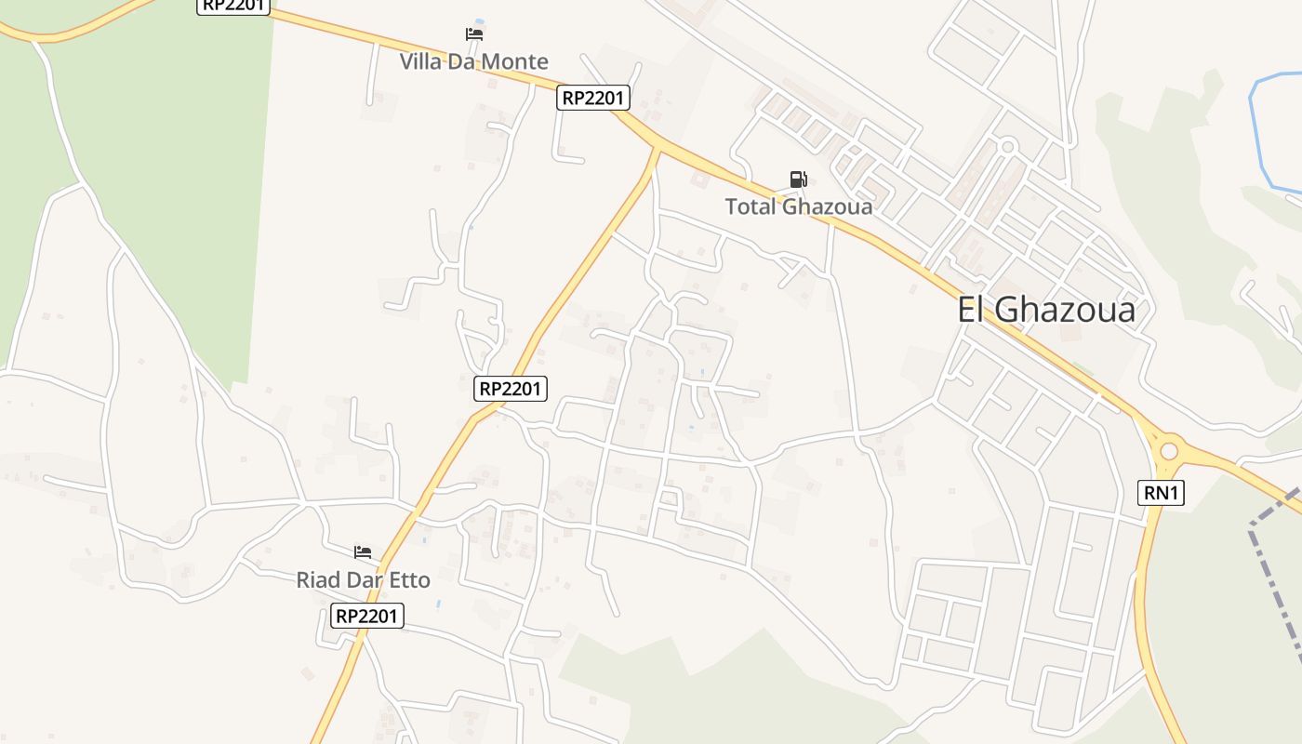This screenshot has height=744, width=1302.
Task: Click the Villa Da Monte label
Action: pyautogui.click(x=473, y=62)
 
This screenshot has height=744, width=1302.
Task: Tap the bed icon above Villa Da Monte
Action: pyautogui.click(x=474, y=34)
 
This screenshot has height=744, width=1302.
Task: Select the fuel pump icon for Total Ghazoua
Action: pyautogui.click(x=798, y=179)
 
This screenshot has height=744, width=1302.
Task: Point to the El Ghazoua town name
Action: pyautogui.click(x=1046, y=310)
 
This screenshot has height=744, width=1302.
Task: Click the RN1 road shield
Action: pyautogui.click(x=1162, y=493)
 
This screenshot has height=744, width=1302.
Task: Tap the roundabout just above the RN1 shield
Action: pyautogui.click(x=1169, y=452)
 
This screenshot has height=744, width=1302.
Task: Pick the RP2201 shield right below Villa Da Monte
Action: pyautogui.click(x=593, y=98)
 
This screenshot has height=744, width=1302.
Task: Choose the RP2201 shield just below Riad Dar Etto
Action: pyautogui.click(x=367, y=616)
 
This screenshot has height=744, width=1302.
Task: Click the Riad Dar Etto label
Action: pyautogui.click(x=363, y=580)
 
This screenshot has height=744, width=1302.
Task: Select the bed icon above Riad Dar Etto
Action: pyautogui.click(x=363, y=552)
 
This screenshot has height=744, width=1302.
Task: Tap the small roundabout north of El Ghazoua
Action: pyautogui.click(x=1006, y=146)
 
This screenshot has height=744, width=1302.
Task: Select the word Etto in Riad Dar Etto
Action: pyautogui.click(x=410, y=580)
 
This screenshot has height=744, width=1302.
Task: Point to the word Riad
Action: pyautogui.click(x=318, y=580)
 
